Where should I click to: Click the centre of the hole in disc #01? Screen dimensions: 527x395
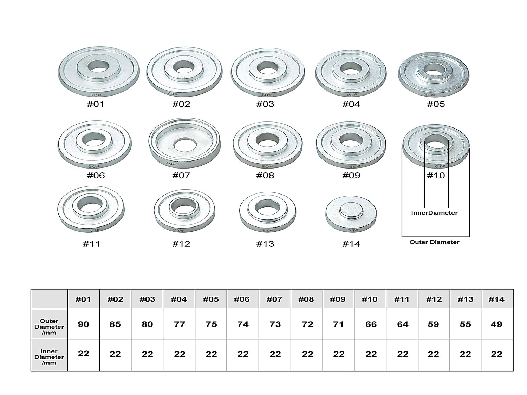click(x=98, y=66)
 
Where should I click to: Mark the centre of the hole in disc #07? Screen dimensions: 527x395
click(x=185, y=145)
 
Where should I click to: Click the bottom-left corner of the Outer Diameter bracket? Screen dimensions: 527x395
click(x=402, y=236)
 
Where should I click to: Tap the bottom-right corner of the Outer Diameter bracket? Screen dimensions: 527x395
click(x=470, y=236)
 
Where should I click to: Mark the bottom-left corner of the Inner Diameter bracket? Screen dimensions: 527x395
click(x=424, y=208)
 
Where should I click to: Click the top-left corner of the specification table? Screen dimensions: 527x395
click(x=31, y=289)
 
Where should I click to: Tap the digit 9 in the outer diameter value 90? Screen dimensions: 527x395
click(x=81, y=324)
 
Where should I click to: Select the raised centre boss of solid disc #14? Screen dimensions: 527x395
click(x=351, y=211)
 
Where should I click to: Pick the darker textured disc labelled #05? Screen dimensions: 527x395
click(x=434, y=75)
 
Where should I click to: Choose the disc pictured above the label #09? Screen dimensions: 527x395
click(x=351, y=145)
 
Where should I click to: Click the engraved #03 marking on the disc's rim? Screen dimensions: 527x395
click(x=265, y=94)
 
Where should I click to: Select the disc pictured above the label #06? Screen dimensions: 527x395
click(x=95, y=145)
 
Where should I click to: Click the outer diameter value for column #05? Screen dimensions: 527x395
click(x=211, y=324)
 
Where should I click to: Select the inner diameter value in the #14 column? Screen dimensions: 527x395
click(x=496, y=354)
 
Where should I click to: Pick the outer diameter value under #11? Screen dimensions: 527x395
click(x=403, y=324)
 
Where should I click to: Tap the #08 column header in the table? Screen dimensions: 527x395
click(x=306, y=299)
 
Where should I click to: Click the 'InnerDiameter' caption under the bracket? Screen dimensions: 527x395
click(x=434, y=213)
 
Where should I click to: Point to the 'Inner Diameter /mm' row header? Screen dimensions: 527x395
click(x=49, y=357)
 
